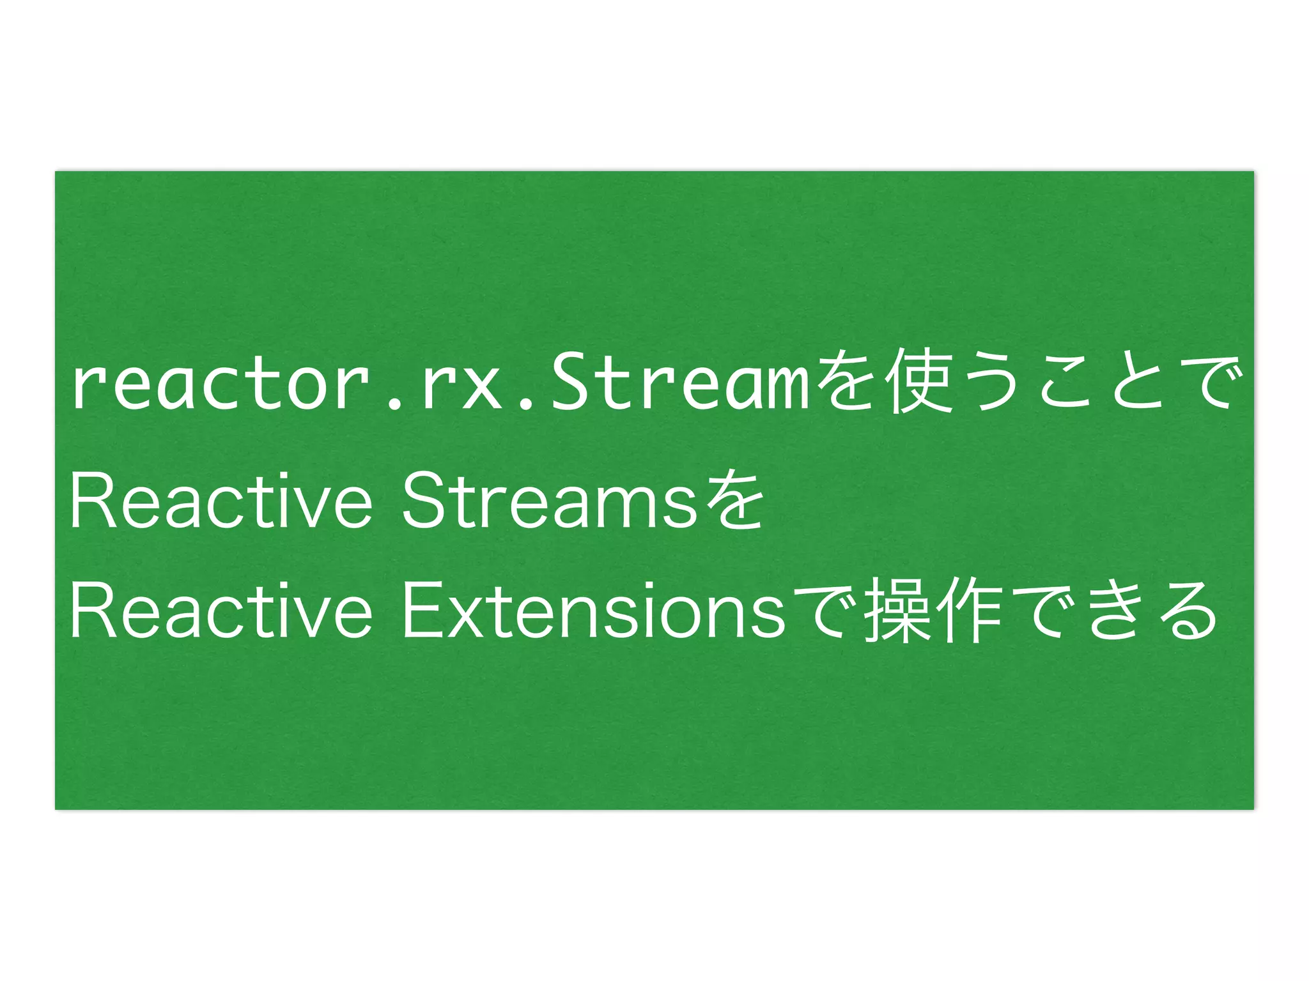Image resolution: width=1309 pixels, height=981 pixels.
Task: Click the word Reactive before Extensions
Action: [221, 611]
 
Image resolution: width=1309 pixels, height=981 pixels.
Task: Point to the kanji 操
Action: [896, 611]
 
